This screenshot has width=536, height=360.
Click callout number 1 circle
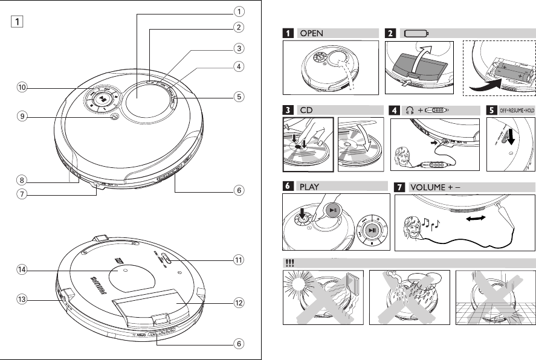(x=239, y=11)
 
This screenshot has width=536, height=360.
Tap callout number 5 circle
(x=239, y=95)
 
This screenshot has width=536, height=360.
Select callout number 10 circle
(x=22, y=88)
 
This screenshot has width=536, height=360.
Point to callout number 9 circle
(x=22, y=118)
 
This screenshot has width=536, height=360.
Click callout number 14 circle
(x=22, y=271)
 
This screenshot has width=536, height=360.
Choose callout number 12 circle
(x=239, y=302)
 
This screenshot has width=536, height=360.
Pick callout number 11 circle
(x=239, y=260)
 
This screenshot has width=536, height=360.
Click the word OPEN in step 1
(x=312, y=34)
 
